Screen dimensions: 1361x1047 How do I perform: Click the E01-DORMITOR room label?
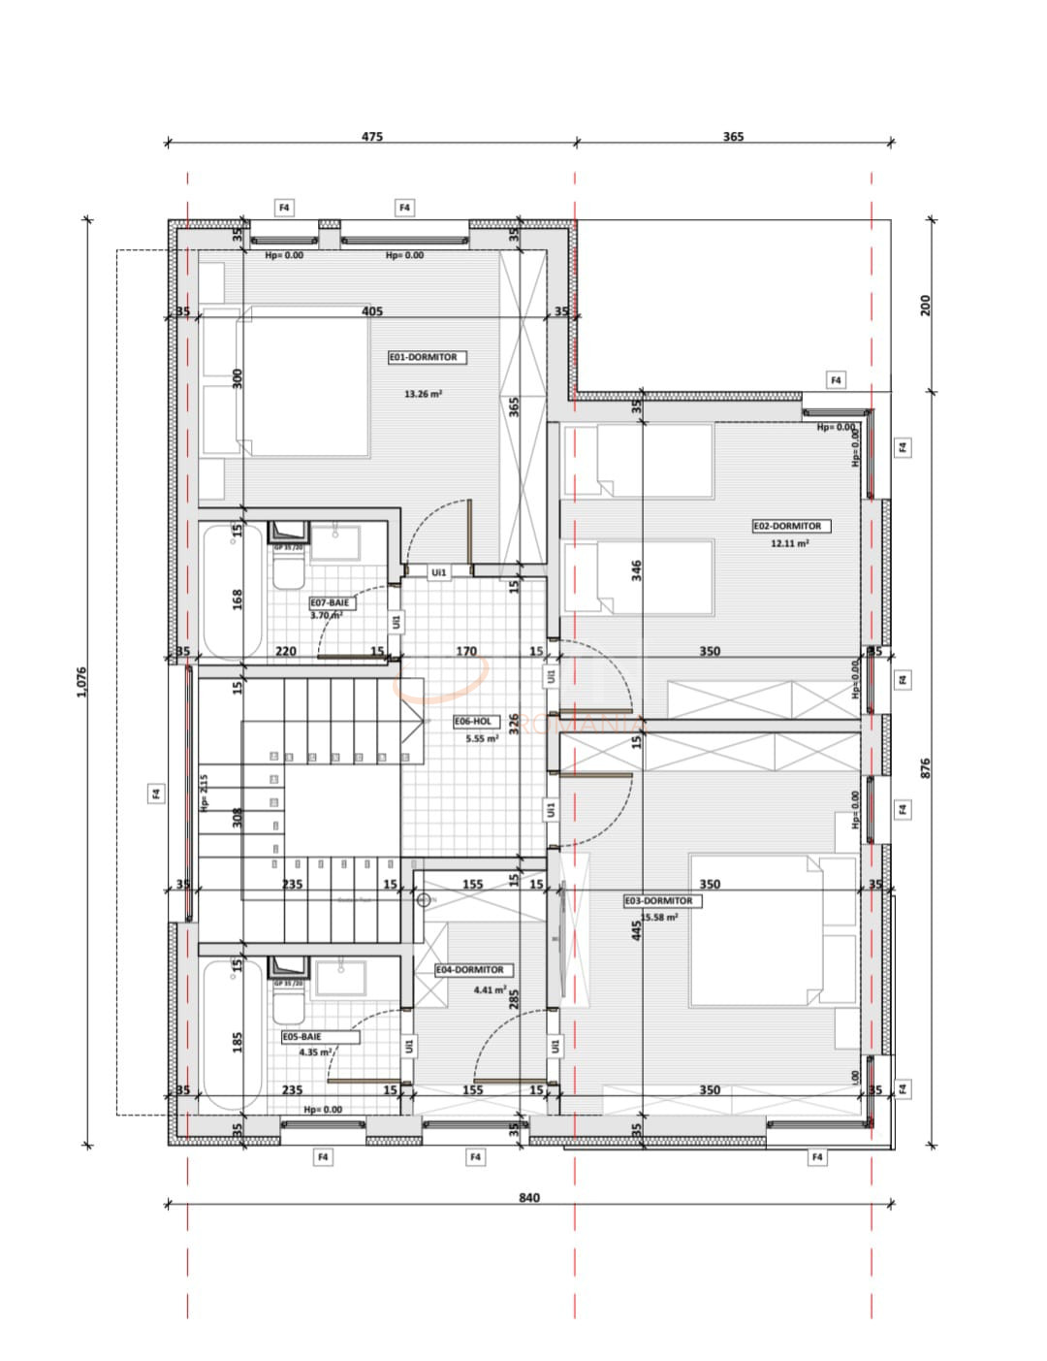423,357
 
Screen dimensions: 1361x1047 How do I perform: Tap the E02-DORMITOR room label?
787,526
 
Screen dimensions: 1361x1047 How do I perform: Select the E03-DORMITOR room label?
658,901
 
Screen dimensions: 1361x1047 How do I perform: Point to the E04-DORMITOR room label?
469,970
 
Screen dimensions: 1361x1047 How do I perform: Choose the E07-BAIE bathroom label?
329,602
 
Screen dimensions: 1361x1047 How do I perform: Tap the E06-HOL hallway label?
473,722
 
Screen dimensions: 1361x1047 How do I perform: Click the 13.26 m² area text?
423,394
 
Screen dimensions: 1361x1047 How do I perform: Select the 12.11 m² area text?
789,543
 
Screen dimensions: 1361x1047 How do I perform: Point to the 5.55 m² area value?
481,738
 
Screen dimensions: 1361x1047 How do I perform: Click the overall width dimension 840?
528,1197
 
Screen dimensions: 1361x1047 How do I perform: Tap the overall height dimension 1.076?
81,683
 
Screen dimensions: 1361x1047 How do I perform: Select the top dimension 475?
372,137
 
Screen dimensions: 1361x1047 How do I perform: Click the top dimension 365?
733,137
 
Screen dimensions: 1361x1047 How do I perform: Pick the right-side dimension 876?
925,768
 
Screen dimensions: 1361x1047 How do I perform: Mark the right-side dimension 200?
925,304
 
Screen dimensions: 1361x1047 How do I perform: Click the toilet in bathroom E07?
287,576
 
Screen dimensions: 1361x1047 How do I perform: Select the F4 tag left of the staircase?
155,794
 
